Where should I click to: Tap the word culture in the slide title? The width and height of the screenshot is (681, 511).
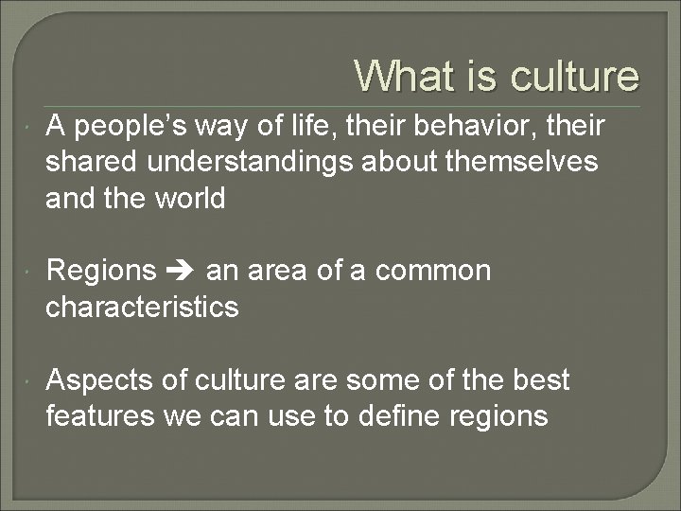pyautogui.click(x=575, y=76)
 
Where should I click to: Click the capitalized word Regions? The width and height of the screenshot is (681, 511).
pyautogui.click(x=101, y=272)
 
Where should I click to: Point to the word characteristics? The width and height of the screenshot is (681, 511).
pyautogui.click(x=142, y=308)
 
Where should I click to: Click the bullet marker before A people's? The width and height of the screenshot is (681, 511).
pyautogui.click(x=32, y=127)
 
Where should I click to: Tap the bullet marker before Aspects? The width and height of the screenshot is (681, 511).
pyautogui.click(x=32, y=381)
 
